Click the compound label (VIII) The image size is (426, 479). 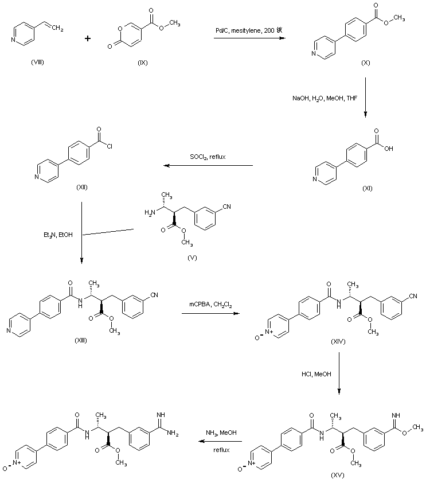tap(39, 61)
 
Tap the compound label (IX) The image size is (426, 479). tap(142, 61)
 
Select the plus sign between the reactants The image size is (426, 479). tap(88, 38)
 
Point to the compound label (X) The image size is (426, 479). tap(365, 62)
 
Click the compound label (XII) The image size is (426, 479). tap(84, 188)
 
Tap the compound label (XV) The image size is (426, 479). tap(338, 475)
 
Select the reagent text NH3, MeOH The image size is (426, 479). tap(221, 433)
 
